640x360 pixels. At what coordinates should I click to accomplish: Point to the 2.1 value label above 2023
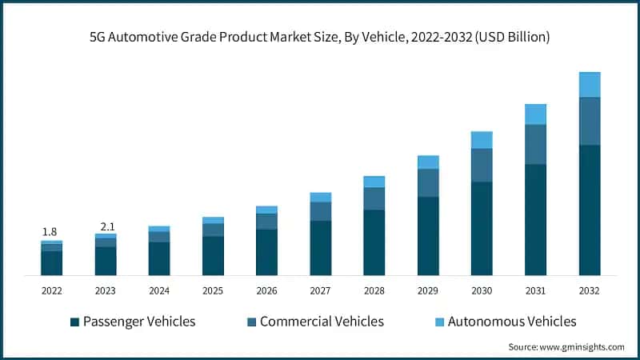point(106,226)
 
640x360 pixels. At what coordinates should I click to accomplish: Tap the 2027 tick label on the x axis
point(320,290)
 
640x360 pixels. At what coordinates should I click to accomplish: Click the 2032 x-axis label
point(590,290)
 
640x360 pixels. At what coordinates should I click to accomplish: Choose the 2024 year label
point(159,290)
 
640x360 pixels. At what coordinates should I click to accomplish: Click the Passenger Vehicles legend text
point(139,322)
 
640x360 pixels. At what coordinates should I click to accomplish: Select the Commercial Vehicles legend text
point(322,322)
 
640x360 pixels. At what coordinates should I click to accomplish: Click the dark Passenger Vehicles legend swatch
point(75,322)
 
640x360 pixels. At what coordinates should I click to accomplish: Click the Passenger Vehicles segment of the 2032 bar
point(590,210)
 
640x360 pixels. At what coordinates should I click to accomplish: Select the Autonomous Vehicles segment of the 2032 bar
point(590,84)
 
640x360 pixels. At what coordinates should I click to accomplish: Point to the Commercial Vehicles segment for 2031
point(535,144)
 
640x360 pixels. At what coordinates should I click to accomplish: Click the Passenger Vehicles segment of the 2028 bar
point(374,242)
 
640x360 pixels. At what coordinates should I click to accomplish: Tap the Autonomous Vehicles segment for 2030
point(482,140)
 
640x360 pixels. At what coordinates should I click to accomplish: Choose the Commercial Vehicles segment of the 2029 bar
point(428,182)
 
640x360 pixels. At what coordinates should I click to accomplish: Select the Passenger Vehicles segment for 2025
point(213,255)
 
